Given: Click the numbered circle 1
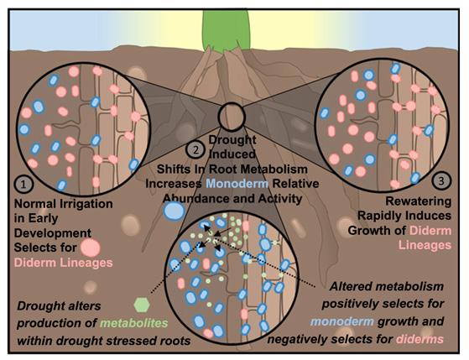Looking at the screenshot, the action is coord(23,185).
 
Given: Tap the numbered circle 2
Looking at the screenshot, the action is coord(195,149).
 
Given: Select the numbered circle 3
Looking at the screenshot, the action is coord(441,180).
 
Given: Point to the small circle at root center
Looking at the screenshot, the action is coord(232,116).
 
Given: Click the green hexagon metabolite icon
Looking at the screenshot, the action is coord(142,305).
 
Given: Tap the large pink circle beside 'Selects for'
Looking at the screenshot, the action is coord(91,248).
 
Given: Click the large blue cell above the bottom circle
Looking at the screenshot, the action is coord(175,211).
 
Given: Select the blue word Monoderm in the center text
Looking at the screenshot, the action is coord(237,184).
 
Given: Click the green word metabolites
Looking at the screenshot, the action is coord(134,323).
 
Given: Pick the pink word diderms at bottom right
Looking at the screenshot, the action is coord(420,339).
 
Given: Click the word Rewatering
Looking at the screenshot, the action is coord(419,201).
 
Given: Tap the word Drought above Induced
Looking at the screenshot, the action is coord(232,140).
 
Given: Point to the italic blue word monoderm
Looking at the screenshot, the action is coord(341,321).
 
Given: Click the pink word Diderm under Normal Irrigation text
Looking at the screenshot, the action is coord(35,263).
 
